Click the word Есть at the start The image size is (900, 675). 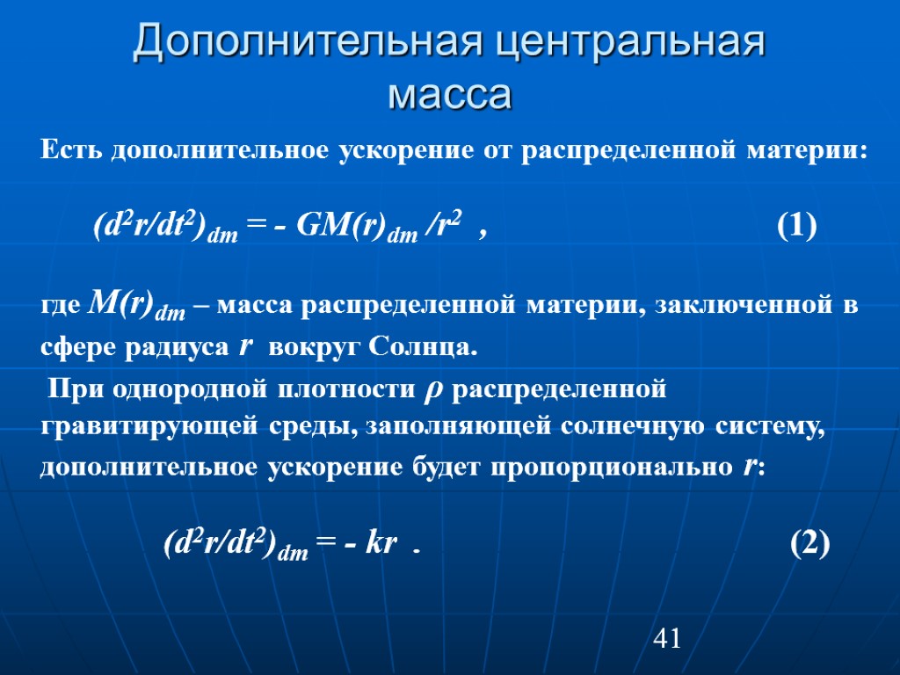tap(71, 150)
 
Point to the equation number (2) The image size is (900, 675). tap(809, 545)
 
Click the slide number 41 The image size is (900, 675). tap(667, 639)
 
